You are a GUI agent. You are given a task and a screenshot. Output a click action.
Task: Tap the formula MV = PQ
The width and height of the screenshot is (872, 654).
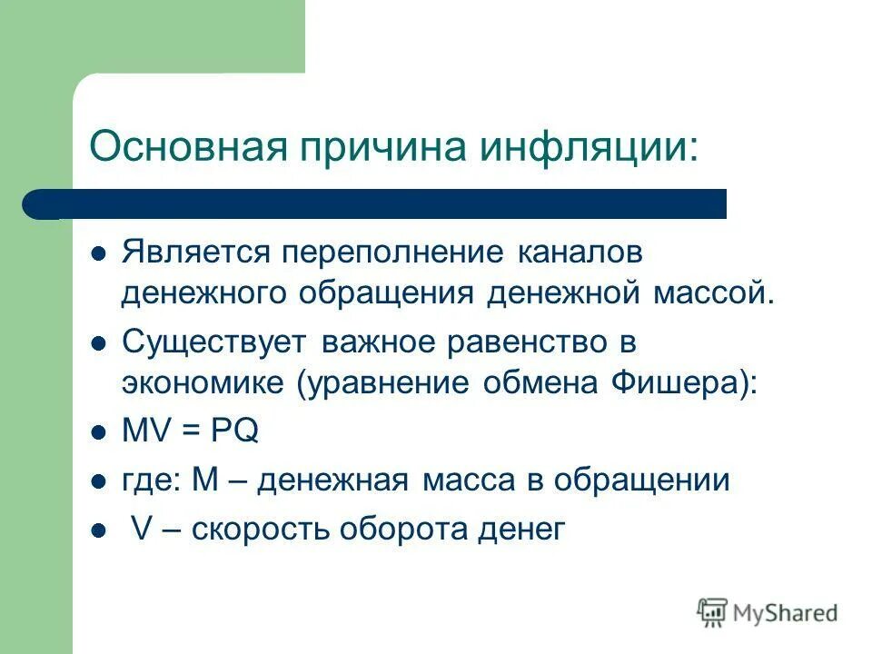191,431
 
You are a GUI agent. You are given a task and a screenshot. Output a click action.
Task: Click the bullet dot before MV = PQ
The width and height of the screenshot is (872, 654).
100,432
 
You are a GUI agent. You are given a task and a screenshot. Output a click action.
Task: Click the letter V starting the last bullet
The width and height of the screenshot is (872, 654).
141,529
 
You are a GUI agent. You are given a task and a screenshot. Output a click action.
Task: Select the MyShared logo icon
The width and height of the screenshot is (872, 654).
713,612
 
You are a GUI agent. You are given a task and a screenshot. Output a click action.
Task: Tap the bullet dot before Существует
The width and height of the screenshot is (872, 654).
100,344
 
